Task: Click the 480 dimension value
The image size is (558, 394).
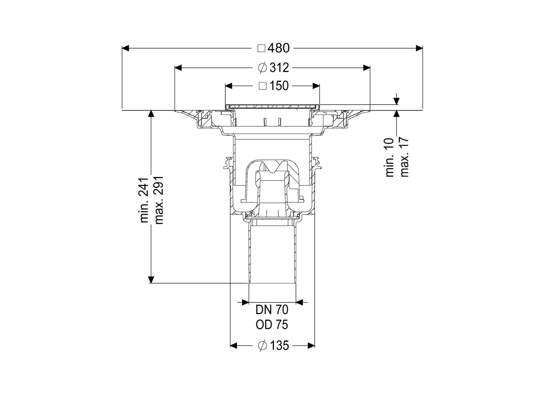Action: [x=279, y=48]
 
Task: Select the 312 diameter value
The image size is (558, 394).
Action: [x=279, y=68]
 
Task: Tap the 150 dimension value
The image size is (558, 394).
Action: [x=279, y=86]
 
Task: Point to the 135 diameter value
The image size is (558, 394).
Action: [x=279, y=345]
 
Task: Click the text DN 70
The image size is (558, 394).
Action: [x=272, y=310]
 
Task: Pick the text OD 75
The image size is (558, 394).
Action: [x=272, y=325]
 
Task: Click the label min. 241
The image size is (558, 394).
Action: [x=144, y=200]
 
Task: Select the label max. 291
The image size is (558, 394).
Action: [x=159, y=200]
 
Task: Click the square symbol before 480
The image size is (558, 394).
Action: [x=261, y=48]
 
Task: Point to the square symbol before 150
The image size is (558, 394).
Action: [x=263, y=86]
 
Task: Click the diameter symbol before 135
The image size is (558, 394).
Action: [x=263, y=346]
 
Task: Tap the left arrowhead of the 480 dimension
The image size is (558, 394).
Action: [x=125, y=48]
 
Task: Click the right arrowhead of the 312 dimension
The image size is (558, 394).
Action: [x=367, y=68]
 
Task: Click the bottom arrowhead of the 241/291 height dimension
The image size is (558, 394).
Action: [x=151, y=280]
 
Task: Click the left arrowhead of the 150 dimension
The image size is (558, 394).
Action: [x=229, y=86]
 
